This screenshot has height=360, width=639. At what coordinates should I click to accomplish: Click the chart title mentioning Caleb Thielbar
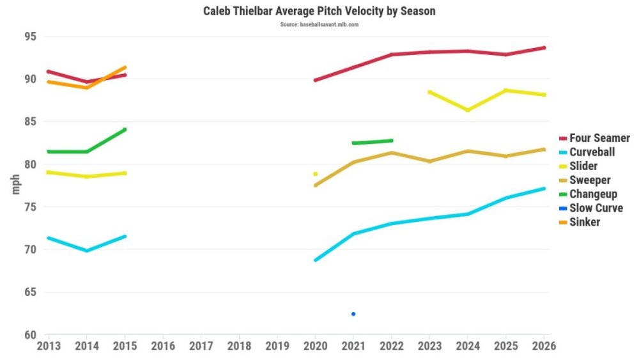(x=319, y=12)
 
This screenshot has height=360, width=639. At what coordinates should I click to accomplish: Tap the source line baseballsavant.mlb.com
(x=319, y=24)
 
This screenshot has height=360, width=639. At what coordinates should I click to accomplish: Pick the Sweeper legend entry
(x=589, y=180)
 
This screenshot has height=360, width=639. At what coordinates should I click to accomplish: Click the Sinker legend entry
(x=583, y=222)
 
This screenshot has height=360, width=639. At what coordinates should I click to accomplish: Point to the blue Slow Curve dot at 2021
(x=353, y=314)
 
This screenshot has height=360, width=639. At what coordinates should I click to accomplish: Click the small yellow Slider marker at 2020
(x=315, y=174)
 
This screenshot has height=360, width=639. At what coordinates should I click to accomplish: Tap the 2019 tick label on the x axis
(x=277, y=346)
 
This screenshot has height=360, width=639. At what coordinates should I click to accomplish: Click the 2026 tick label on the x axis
(x=543, y=346)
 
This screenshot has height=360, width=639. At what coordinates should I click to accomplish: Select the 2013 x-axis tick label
(x=49, y=346)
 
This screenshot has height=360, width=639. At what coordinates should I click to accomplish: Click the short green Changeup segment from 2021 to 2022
(x=373, y=142)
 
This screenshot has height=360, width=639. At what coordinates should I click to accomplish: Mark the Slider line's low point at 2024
(x=468, y=110)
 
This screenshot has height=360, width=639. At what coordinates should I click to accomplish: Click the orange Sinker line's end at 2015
(x=125, y=67)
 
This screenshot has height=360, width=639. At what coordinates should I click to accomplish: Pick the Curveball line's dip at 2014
(x=87, y=251)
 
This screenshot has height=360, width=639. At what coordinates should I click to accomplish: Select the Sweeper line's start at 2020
(x=315, y=185)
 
